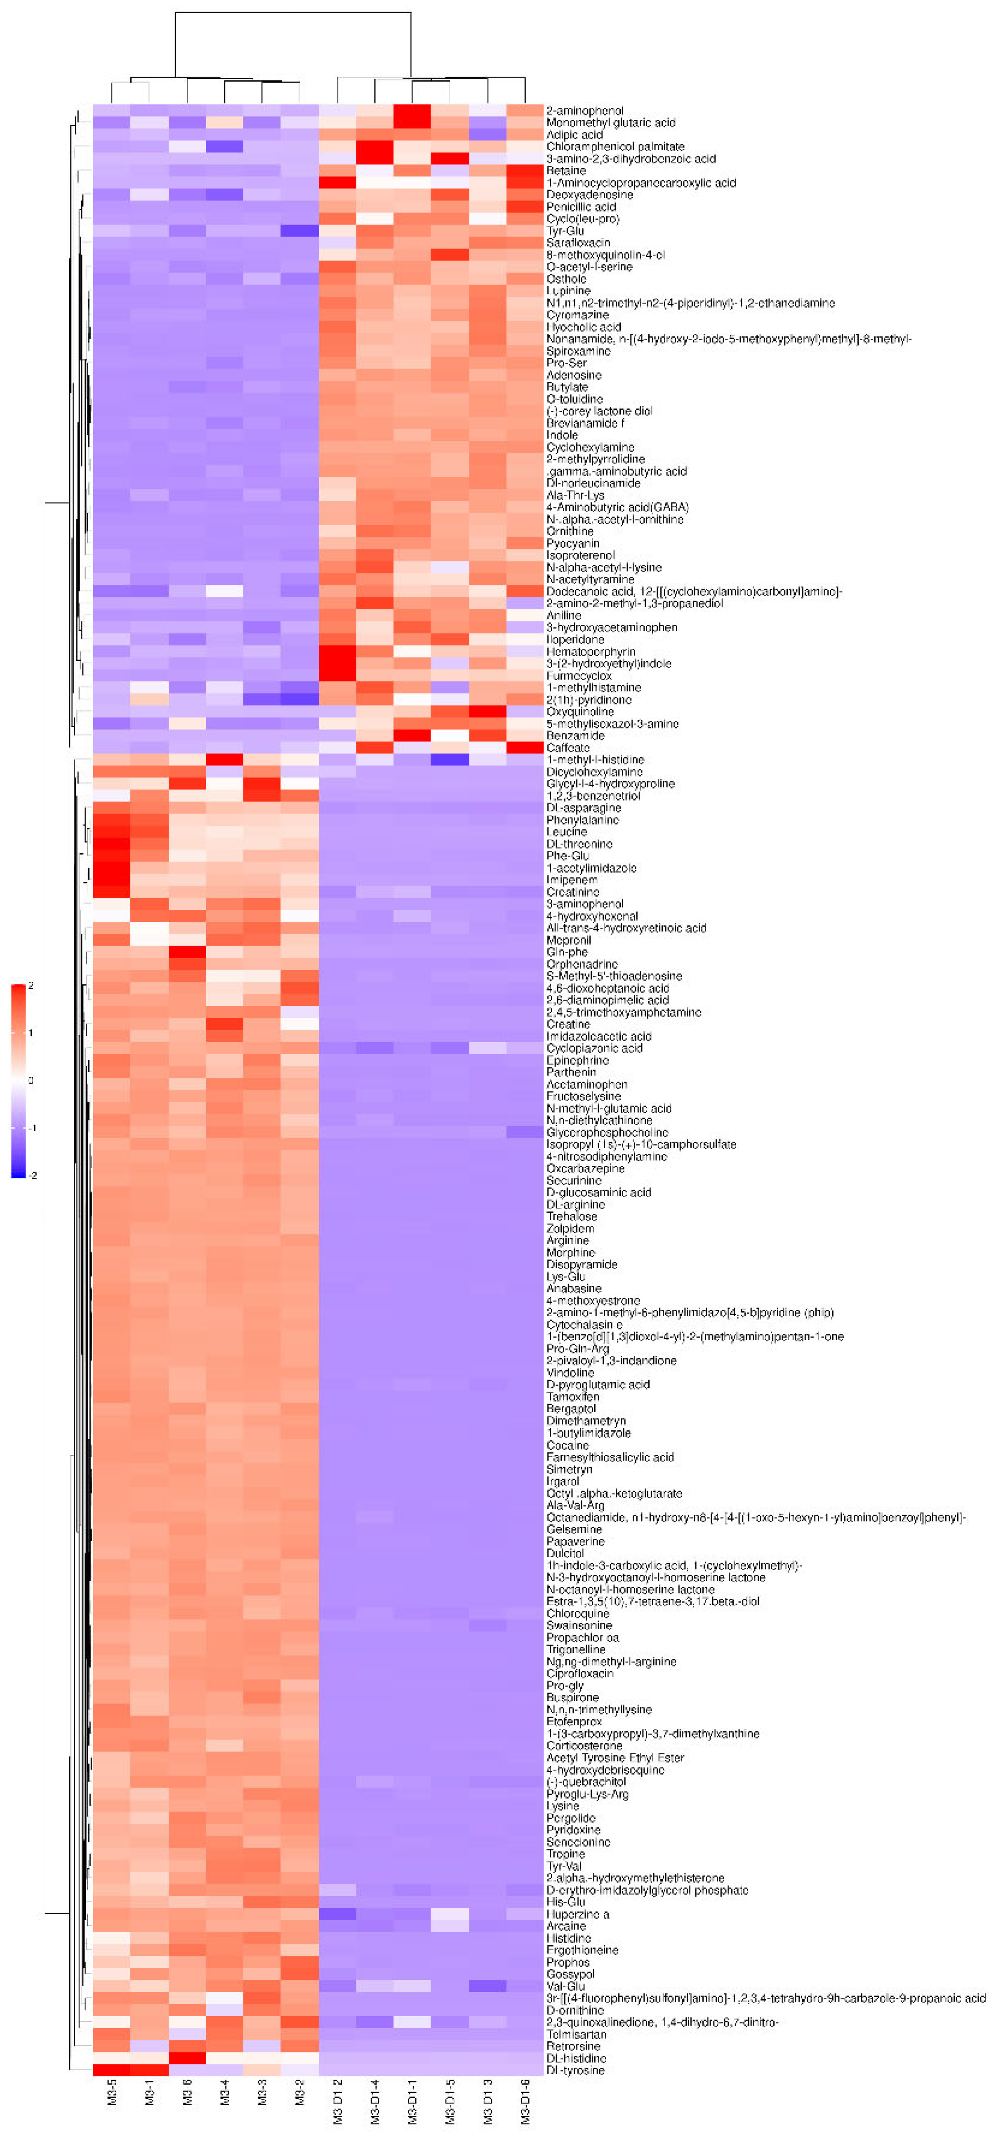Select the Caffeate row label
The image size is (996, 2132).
(568, 747)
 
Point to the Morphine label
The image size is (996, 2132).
(570, 1252)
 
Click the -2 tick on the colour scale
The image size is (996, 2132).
(33, 1175)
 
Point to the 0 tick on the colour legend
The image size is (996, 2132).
(31, 1080)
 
